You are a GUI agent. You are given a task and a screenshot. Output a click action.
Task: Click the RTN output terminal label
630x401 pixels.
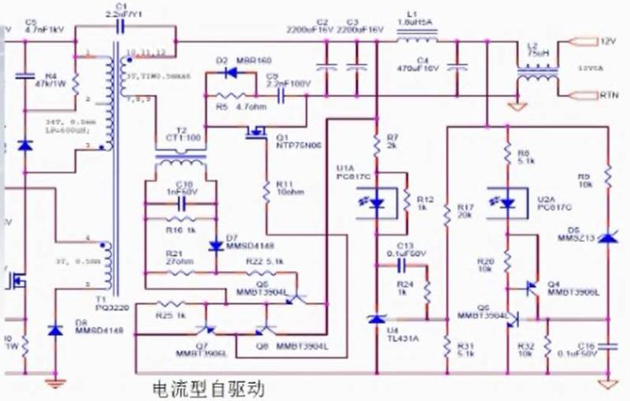(x=609, y=95)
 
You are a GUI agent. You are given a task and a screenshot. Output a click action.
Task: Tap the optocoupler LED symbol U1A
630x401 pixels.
(x=377, y=202)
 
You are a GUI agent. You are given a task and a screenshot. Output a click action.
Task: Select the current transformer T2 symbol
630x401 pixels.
(x=181, y=161)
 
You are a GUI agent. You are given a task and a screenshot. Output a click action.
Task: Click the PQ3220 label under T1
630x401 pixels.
(x=106, y=308)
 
